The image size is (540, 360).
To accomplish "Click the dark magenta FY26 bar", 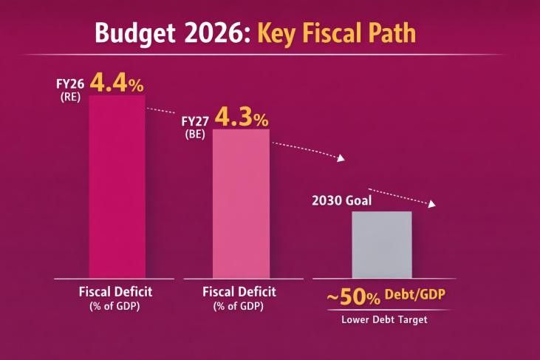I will pyautogui.click(x=117, y=185).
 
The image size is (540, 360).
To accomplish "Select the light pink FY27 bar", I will pyautogui.click(x=241, y=203).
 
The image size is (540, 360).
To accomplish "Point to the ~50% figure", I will pyautogui.click(x=353, y=297).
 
